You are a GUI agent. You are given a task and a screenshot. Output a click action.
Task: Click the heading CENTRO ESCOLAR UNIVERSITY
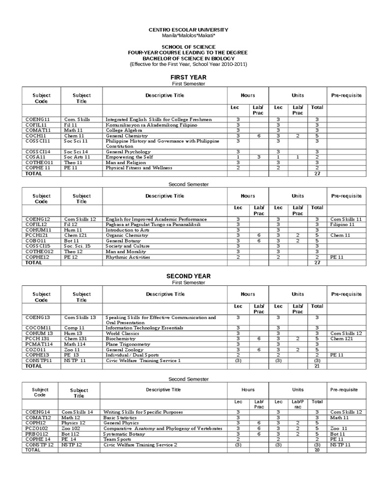(x=188, y=30)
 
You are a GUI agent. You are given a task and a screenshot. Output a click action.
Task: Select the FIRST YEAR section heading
(x=188, y=77)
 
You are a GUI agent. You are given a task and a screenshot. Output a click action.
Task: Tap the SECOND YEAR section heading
(x=188, y=276)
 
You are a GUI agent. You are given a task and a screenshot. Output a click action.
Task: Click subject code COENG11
(x=38, y=119)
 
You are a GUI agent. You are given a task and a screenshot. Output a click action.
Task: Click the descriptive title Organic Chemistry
(x=127, y=235)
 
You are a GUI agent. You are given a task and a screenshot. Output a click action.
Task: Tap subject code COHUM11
(x=38, y=230)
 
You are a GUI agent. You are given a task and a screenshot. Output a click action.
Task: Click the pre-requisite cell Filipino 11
(x=342, y=224)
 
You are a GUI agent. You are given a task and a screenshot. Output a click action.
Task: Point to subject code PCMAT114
(x=39, y=344)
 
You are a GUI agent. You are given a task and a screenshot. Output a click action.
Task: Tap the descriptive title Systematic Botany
(x=124, y=434)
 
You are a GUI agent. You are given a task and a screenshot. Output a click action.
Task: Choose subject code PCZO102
(x=36, y=428)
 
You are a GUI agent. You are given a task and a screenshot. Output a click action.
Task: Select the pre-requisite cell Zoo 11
(x=339, y=428)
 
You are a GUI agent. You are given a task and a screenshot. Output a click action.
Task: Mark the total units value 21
(x=317, y=366)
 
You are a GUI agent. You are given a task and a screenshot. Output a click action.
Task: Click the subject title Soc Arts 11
(x=77, y=157)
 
